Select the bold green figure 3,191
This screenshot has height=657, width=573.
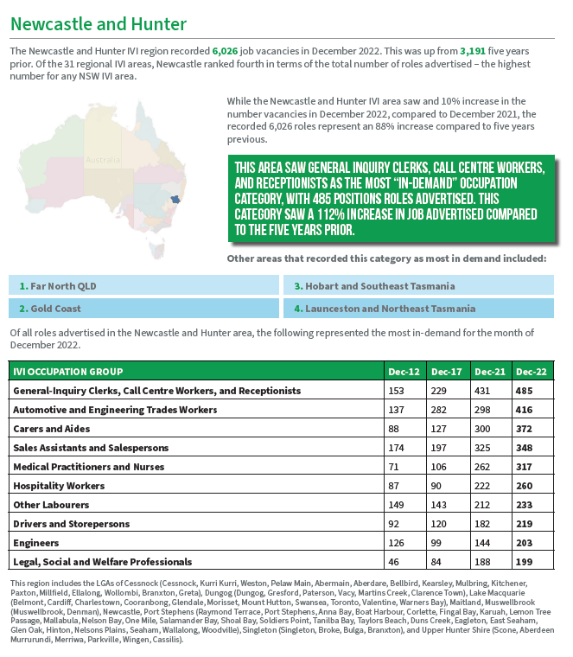[x=476, y=52]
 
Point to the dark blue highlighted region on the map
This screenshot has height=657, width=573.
[x=175, y=199]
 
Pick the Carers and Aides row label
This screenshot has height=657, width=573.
[x=52, y=429]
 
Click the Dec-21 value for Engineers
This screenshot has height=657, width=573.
[x=484, y=543]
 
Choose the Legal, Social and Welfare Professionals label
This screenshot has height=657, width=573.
[x=103, y=562]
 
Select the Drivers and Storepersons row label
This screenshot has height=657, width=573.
[x=72, y=524]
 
